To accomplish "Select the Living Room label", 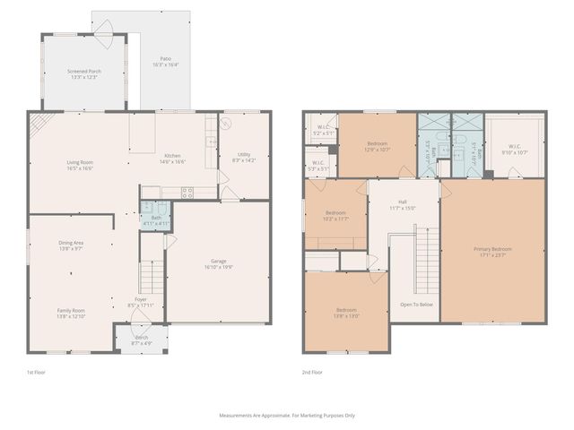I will [80, 165].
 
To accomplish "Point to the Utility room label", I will [244, 158].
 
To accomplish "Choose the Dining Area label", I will [71, 245].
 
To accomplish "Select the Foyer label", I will [141, 302].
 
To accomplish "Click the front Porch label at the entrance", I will [141, 340].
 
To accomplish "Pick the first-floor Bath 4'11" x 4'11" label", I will [155, 220].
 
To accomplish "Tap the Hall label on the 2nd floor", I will [403, 205].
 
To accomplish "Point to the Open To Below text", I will [416, 305].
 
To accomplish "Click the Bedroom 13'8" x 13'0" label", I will [346, 313].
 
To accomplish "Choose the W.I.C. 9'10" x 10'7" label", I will [514, 150].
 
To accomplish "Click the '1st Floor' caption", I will [37, 372].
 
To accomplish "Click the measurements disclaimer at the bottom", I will [287, 415].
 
